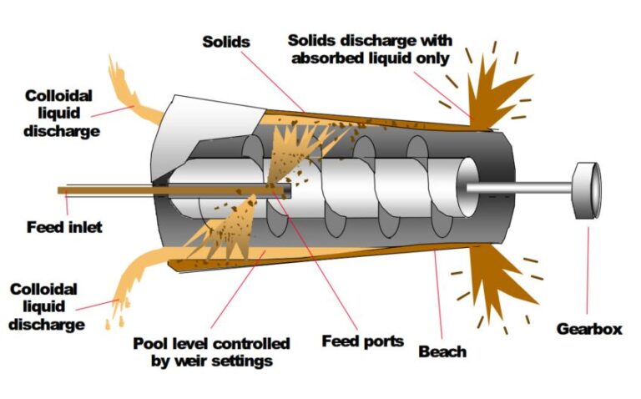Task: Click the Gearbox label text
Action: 589,329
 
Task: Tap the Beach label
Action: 442,351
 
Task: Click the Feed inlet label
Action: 63,226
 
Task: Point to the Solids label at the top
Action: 226,41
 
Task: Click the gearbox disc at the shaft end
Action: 588,191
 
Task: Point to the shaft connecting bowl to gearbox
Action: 517,189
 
